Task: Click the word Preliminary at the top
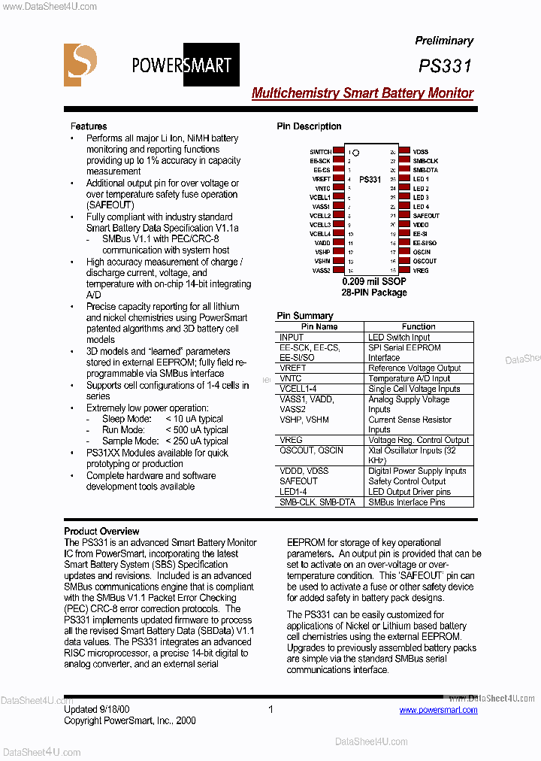[444, 41]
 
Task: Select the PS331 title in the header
[446, 66]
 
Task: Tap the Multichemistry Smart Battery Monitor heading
[362, 93]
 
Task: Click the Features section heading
[89, 126]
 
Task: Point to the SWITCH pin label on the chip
[320, 152]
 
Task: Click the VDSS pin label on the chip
[420, 152]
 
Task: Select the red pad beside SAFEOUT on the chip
[403, 216]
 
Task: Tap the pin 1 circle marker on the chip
[356, 153]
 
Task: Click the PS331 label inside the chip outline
[370, 180]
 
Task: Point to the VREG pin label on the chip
[421, 270]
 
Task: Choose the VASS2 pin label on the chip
[322, 270]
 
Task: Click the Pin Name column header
[319, 327]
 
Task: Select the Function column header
[419, 327]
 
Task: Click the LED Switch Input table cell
[399, 338]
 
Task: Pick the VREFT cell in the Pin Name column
[293, 368]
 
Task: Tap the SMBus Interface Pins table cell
[407, 502]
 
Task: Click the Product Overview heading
[101, 531]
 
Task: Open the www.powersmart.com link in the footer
[438, 710]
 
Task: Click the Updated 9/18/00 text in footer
[96, 709]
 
